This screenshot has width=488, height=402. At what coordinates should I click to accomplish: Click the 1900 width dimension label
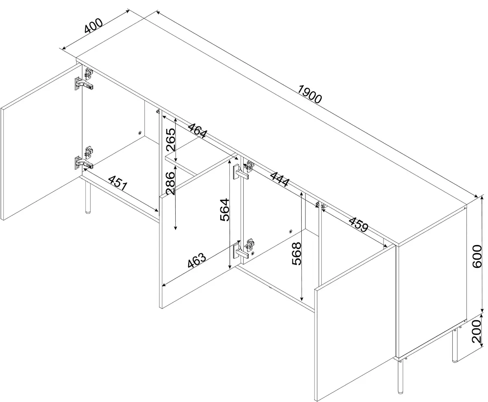pos(309,94)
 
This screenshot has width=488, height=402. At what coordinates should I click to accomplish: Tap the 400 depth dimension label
pos(93,26)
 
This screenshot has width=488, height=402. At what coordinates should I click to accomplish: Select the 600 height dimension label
pos(477,256)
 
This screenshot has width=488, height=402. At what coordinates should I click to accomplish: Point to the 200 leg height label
pos(477,331)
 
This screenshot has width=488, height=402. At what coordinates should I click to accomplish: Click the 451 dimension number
pos(118,183)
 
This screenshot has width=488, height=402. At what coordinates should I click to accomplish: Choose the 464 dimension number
pos(198,131)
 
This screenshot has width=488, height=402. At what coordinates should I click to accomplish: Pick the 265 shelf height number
pos(171,139)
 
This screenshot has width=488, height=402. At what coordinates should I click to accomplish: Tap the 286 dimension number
pos(170,183)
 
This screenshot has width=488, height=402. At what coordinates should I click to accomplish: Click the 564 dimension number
pos(225,209)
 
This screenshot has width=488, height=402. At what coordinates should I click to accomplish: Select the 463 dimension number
pos(197,260)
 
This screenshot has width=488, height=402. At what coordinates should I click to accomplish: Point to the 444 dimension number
pos(280,179)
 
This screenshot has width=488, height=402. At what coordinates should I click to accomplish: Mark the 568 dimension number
pos(296,254)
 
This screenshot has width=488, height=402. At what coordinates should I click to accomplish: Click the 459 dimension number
pos(358,225)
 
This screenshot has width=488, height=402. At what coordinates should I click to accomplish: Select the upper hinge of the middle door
pos(241,172)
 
